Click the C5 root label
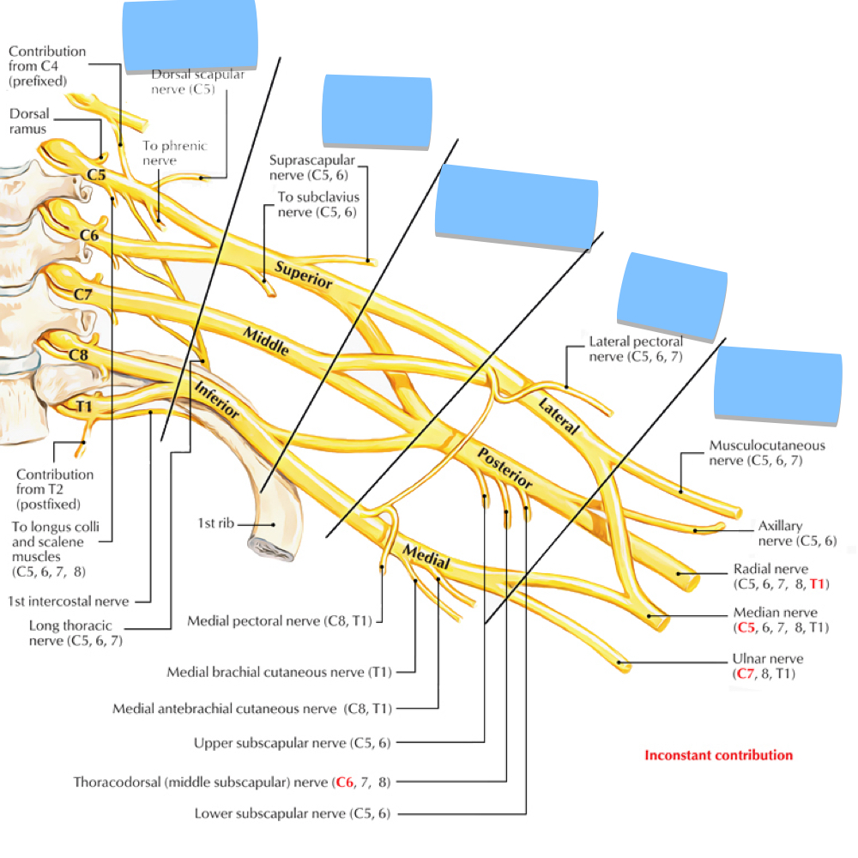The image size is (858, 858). [96, 176]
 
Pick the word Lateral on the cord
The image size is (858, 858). [559, 415]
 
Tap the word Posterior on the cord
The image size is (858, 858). [505, 468]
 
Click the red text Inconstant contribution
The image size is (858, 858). [718, 755]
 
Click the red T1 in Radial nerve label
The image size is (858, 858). [817, 584]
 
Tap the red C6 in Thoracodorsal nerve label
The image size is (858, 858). [344, 782]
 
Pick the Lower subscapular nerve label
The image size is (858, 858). [293, 813]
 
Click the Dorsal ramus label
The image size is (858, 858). [30, 121]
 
